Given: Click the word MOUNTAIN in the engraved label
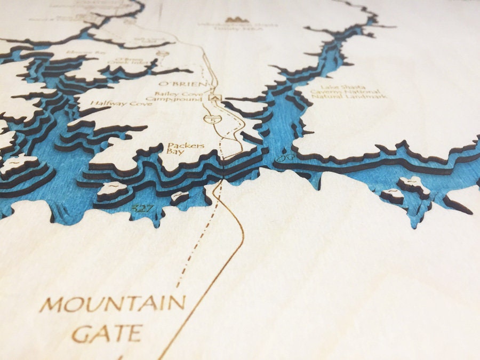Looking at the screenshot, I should [113, 305].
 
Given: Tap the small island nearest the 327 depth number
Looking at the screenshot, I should [113, 189].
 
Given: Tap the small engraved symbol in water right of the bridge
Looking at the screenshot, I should [286, 158].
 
